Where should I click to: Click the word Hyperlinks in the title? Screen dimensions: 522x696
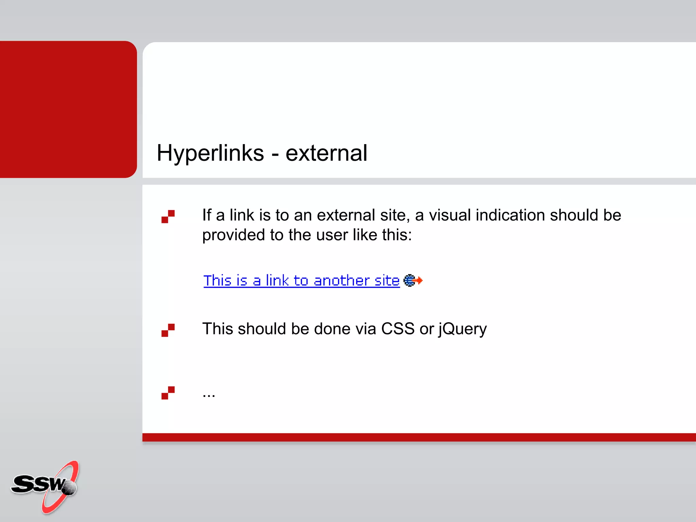tap(210, 153)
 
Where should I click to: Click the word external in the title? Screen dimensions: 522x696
tap(326, 153)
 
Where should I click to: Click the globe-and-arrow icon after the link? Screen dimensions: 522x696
tap(413, 280)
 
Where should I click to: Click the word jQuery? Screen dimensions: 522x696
tap(463, 329)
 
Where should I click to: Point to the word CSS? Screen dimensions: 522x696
tap(398, 329)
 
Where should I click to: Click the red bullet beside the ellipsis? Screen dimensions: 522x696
tap(168, 393)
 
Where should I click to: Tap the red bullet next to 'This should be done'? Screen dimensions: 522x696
tap(168, 330)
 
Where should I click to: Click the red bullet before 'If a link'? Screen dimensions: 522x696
tap(168, 216)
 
